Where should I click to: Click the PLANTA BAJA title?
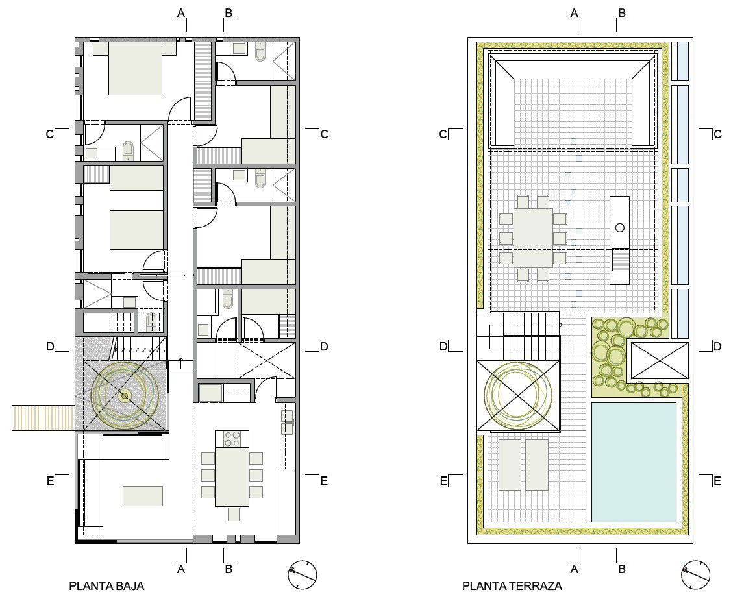(x=106, y=585)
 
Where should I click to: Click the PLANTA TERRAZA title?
(x=512, y=585)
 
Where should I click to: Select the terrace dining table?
(x=533, y=238)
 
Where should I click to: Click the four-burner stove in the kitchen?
(x=232, y=439)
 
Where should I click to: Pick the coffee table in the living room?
(x=143, y=496)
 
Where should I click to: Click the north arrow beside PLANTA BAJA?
(x=303, y=574)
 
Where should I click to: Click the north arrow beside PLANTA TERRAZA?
(x=696, y=574)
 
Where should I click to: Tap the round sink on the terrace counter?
(x=620, y=228)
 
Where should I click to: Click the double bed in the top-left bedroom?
(x=135, y=68)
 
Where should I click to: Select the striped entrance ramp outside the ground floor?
(x=43, y=417)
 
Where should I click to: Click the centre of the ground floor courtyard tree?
(x=125, y=396)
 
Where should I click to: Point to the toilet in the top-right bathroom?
(x=260, y=52)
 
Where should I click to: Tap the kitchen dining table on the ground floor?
(x=232, y=477)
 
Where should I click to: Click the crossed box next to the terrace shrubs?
(x=660, y=360)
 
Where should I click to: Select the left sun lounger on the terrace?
(x=510, y=465)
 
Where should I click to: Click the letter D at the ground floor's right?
(x=323, y=346)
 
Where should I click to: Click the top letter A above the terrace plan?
(x=574, y=13)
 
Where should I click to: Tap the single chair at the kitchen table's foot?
(x=234, y=514)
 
